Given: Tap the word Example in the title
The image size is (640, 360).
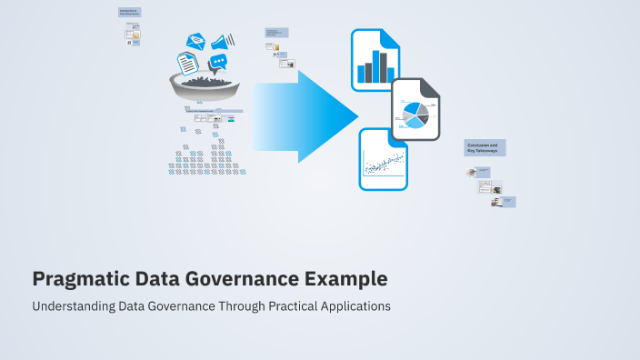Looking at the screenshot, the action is pos(344,278).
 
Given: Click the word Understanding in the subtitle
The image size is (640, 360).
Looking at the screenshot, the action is pos(73,306).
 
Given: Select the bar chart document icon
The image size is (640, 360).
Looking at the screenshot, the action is pos(376,60).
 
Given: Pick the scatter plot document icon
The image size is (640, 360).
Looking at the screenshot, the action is pos(384,159).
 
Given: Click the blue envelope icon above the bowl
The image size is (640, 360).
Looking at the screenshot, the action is pos(196,41).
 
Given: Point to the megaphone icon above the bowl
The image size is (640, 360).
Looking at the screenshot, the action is pos(222,41).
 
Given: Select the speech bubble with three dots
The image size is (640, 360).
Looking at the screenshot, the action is pos(217,63).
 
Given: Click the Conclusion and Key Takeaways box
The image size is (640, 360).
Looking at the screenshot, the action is pos(485,148).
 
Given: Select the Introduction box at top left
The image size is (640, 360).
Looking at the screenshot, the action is pos(129,13).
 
